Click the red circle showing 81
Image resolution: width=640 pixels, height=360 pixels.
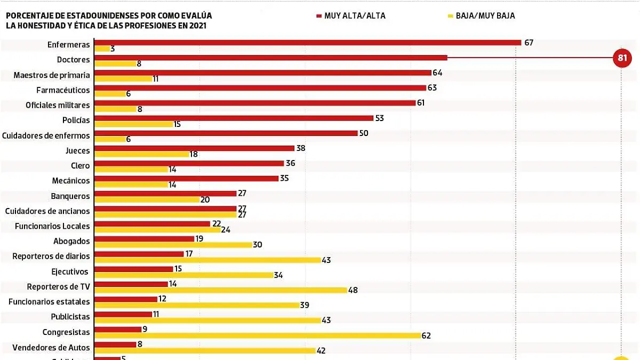click(x=622, y=58)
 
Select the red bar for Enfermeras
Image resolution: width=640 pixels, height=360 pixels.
click(x=307, y=43)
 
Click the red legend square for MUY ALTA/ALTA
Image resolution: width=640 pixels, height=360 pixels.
click(x=318, y=16)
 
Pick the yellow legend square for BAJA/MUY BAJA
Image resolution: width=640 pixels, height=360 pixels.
click(x=451, y=16)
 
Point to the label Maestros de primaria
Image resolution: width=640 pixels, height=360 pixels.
click(x=52, y=75)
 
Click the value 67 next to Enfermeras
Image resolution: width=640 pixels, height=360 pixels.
click(x=529, y=43)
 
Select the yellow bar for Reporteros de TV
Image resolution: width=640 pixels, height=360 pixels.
click(x=220, y=290)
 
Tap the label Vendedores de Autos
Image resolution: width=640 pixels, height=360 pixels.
click(x=51, y=347)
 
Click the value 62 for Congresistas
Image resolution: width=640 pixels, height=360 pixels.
click(x=426, y=336)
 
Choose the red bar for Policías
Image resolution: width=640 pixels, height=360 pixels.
click(x=234, y=118)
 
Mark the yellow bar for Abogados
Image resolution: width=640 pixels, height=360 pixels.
click(x=173, y=245)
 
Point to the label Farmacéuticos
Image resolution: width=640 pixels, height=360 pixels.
click(x=63, y=90)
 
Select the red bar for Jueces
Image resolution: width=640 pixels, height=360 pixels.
click(x=194, y=148)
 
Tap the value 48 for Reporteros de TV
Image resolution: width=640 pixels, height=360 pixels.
click(x=353, y=290)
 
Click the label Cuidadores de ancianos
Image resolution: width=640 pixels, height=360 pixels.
click(x=47, y=211)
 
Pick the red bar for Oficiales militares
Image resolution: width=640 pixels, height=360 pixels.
click(x=254, y=103)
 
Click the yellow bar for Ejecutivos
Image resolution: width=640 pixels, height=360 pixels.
click(x=183, y=275)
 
